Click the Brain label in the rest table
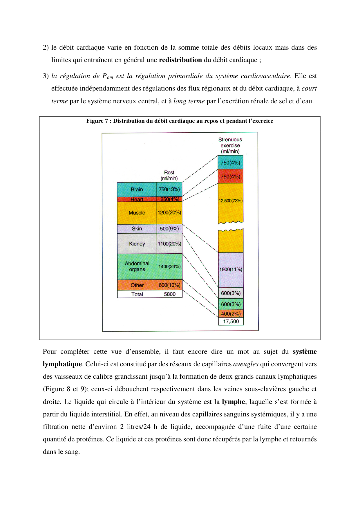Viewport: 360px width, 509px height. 137,189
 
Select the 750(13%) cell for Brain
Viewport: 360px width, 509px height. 169,189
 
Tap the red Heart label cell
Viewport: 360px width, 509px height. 137,199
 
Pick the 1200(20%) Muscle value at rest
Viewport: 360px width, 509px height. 169,213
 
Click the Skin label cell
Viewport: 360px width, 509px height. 137,229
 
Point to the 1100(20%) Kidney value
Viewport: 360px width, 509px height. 169,244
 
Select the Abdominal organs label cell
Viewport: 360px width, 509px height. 137,266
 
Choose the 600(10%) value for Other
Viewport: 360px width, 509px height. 169,285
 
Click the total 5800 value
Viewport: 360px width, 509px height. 170,294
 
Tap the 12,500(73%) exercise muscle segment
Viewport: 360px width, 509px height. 231,201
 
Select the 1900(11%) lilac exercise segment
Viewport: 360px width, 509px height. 231,270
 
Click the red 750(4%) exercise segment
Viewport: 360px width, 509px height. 230,176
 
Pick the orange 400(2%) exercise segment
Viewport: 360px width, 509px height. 231,314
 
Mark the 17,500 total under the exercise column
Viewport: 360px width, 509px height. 231,322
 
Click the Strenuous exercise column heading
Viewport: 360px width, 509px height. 230,145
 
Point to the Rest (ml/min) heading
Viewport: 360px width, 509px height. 169,176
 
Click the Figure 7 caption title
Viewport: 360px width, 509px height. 180,121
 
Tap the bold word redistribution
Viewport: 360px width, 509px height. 180,60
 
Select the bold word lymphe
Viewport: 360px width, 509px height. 233,402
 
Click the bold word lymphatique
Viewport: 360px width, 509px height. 62,364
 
